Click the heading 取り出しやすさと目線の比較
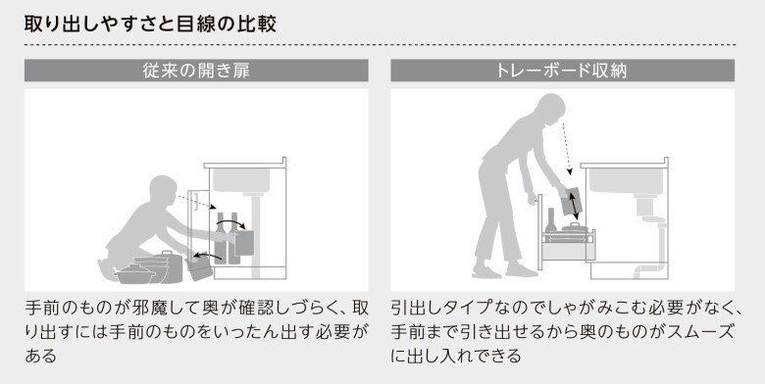(x=150, y=24)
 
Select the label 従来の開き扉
(x=196, y=72)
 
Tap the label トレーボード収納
(x=562, y=72)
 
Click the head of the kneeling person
(x=163, y=191)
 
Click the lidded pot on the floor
(x=134, y=273)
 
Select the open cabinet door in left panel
(x=198, y=229)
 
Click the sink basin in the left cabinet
(x=241, y=180)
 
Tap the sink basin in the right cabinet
(x=626, y=181)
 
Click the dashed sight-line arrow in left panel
(x=195, y=202)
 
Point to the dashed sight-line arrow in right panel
(x=567, y=149)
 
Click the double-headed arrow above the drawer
(x=574, y=206)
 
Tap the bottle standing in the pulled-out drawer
(x=551, y=220)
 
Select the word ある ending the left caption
(x=41, y=356)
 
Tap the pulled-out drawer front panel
(x=540, y=232)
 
